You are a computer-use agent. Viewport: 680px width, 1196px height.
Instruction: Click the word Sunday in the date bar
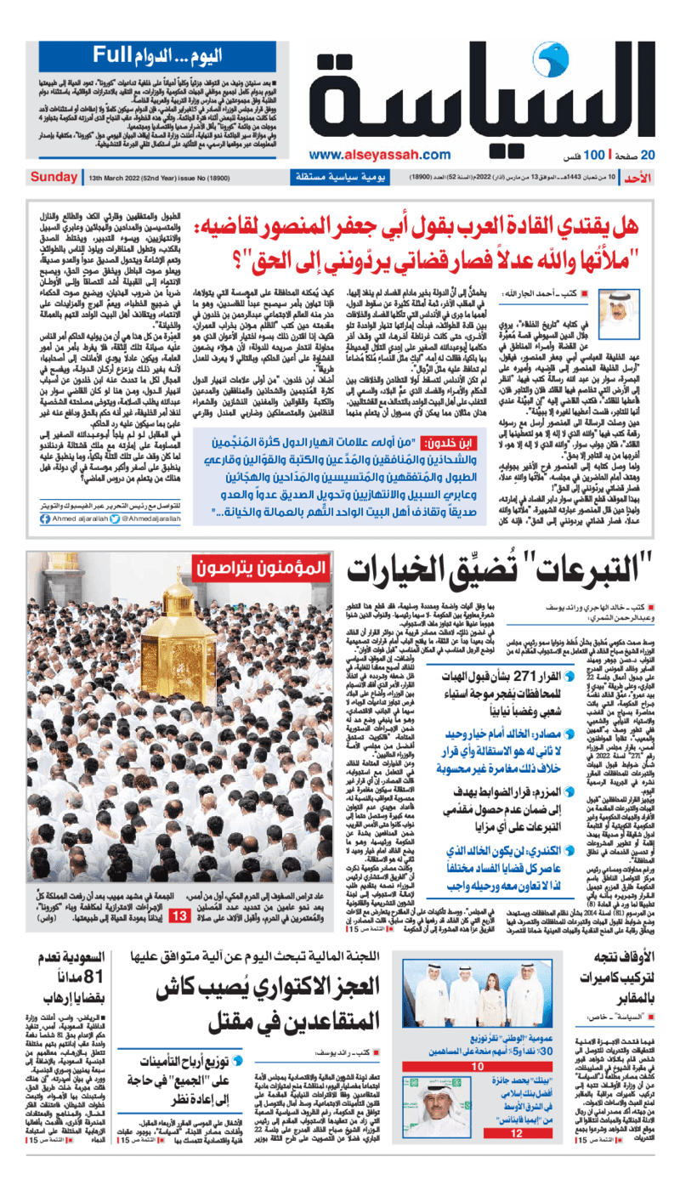click(54, 178)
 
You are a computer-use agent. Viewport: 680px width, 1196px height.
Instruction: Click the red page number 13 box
click(183, 916)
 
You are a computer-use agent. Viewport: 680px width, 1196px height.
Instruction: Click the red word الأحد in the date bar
click(654, 178)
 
